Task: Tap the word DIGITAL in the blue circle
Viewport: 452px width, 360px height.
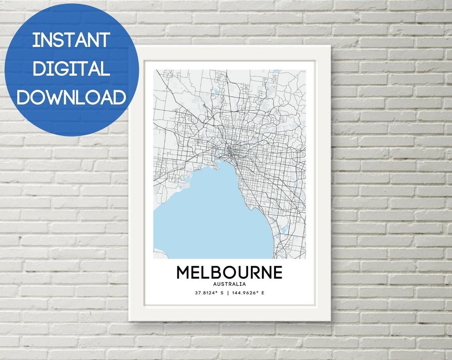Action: (71, 68)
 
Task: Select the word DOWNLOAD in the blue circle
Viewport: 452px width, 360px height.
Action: (71, 97)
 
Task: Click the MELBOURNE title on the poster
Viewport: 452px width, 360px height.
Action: (229, 273)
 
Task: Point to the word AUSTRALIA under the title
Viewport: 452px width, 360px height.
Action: (229, 284)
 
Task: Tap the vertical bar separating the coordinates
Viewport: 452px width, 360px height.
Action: (228, 293)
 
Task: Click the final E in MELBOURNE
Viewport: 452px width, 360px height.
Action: (277, 273)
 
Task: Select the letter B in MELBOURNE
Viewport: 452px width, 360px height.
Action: (216, 273)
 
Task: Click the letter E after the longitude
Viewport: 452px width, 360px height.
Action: (263, 293)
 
